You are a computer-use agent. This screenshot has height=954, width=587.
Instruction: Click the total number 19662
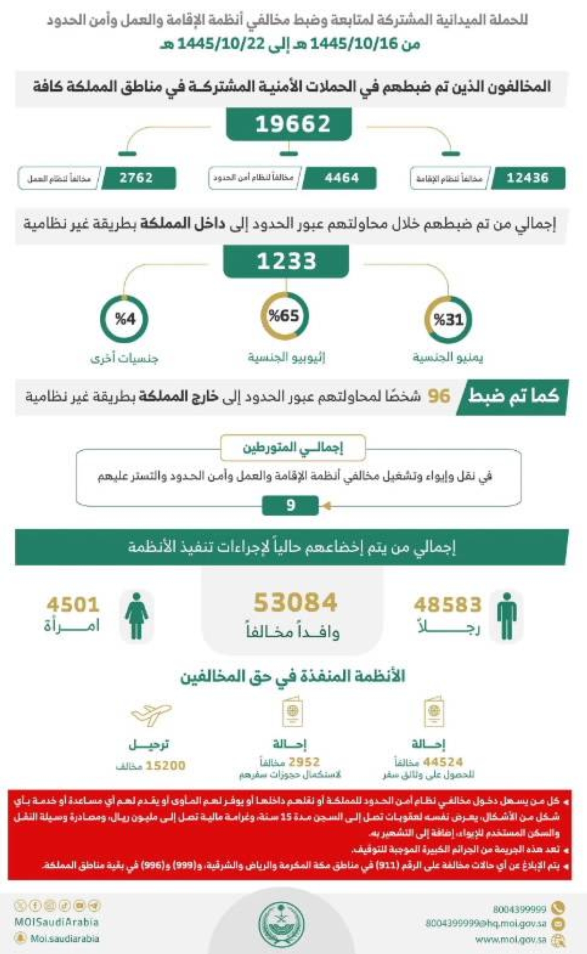(x=292, y=124)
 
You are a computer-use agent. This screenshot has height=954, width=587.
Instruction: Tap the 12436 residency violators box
(x=528, y=178)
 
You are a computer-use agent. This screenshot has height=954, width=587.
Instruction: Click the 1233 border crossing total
(x=286, y=261)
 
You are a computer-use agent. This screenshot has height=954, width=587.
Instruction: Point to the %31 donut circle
(x=448, y=319)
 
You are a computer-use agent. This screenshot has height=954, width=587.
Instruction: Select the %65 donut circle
(x=285, y=316)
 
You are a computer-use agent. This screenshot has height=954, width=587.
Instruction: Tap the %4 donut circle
(x=124, y=319)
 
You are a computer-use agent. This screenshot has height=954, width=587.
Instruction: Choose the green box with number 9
(x=291, y=505)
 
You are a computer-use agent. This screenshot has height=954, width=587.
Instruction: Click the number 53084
(x=295, y=602)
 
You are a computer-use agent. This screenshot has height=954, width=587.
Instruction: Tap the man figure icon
(x=506, y=616)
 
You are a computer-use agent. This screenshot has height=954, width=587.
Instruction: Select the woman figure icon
(x=136, y=616)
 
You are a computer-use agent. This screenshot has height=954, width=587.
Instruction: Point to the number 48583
(x=447, y=605)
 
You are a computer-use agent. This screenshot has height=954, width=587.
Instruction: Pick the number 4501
(x=73, y=605)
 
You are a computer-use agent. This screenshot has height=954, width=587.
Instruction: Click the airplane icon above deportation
(x=151, y=714)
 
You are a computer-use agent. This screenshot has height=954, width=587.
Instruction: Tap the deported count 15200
(x=165, y=766)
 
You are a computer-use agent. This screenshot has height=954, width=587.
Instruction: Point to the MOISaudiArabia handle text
(x=56, y=922)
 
